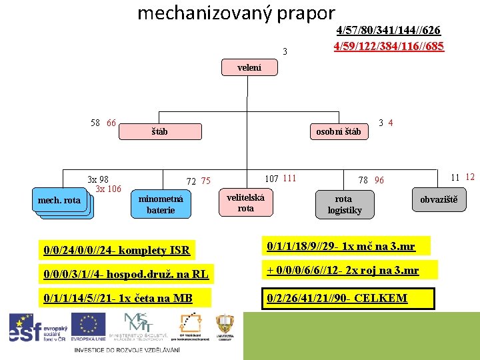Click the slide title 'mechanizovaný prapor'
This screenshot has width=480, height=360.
coord(235,13)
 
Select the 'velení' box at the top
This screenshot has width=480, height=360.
coord(249,68)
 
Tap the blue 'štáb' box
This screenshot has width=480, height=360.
coord(159,131)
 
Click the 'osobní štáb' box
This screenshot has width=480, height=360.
coord(343,131)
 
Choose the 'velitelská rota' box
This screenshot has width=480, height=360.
coord(245,203)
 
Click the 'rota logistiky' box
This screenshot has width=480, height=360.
coord(344,205)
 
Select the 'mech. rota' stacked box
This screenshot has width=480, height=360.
coord(61,201)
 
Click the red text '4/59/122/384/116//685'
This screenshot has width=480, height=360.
coord(389,46)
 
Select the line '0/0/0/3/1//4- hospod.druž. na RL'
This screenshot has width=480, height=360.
coord(126,273)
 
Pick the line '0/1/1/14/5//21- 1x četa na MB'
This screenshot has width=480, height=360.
coord(117,298)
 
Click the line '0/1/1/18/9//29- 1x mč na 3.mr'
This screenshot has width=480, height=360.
coord(341,247)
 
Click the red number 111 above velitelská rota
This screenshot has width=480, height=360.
coord(289,178)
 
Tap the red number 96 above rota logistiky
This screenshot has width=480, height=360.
coord(379,180)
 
